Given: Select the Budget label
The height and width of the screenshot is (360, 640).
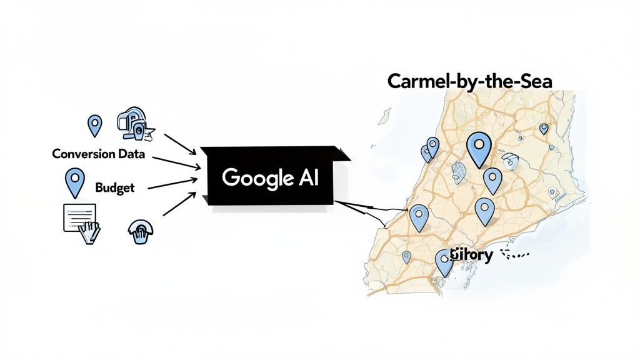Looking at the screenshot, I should (x=114, y=187).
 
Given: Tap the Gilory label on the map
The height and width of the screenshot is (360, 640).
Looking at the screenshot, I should (x=474, y=254).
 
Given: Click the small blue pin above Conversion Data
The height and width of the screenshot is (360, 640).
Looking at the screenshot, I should (x=94, y=125).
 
